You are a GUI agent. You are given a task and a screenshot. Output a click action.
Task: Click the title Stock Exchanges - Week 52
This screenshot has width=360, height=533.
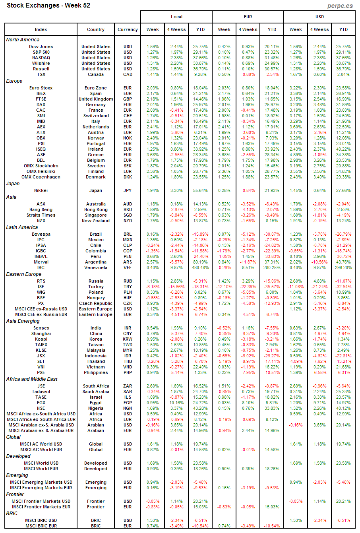48,6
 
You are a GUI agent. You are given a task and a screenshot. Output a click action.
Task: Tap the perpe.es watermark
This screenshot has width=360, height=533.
340,6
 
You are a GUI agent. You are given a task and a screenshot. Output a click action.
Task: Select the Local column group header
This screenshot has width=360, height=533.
176,17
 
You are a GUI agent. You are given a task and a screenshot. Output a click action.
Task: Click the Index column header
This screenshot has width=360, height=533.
41,29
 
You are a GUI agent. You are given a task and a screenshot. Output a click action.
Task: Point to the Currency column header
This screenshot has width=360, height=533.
128,29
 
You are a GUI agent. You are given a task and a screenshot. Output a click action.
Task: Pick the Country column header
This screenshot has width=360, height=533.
96,29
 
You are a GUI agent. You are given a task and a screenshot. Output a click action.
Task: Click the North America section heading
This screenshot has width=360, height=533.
23,40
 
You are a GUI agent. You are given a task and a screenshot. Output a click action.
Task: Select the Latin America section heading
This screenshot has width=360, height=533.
22,227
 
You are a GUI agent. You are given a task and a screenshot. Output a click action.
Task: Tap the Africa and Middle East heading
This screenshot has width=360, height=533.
32,379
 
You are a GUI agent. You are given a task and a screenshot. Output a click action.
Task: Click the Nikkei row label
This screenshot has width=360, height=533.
41,191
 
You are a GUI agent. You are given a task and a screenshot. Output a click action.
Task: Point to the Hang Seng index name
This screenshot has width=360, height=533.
41,210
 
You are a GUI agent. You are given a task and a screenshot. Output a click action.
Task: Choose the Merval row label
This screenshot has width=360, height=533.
41,262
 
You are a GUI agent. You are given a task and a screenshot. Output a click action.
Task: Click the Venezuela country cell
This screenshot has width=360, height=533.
96,268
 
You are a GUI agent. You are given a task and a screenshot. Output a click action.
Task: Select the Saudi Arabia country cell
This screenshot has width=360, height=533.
96,392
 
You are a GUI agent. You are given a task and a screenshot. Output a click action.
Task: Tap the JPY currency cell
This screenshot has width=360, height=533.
128,191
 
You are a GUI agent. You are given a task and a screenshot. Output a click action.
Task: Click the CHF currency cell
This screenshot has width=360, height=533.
128,116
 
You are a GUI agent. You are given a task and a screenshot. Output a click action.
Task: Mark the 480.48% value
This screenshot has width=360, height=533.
200,268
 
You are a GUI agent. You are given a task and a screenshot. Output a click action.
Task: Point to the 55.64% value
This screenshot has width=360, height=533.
200,191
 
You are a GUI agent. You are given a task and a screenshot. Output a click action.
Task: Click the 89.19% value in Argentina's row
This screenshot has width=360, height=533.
200,262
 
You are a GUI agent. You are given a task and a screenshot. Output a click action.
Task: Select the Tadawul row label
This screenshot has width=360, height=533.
41,392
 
